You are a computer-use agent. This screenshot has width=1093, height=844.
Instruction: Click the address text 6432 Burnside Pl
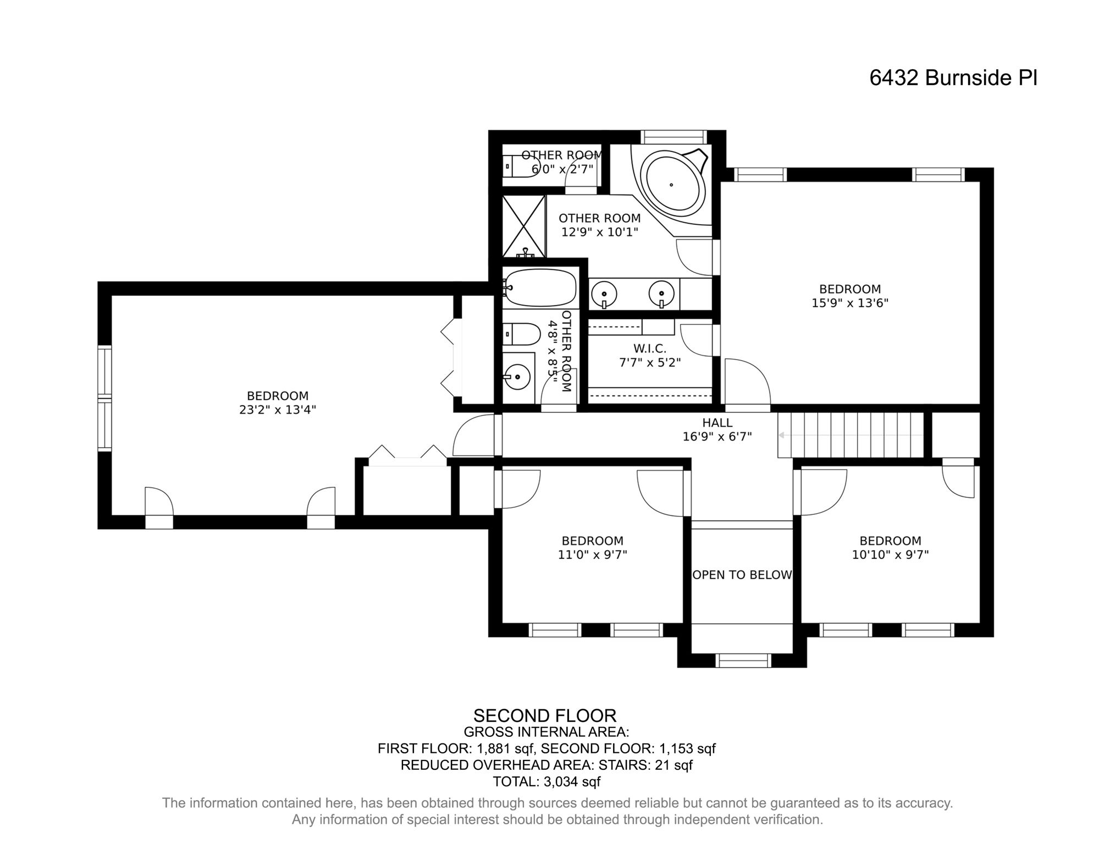tap(953, 78)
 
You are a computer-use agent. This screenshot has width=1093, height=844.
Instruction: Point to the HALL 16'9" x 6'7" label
tap(717, 430)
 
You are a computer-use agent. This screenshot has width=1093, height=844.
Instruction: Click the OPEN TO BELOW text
tap(742, 575)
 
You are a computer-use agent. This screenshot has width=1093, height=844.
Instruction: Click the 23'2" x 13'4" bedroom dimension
tap(277, 410)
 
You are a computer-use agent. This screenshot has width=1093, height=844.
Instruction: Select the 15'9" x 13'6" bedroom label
tap(849, 296)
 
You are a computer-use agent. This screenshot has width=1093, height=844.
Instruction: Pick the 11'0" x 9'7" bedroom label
tap(592, 548)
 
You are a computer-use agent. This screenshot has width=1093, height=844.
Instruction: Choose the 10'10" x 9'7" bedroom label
tap(890, 548)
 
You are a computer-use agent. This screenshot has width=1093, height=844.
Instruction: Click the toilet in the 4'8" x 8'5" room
tap(522, 332)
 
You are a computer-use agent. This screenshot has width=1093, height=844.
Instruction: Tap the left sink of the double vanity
tap(604, 292)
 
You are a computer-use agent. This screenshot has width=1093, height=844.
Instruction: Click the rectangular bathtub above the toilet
tap(539, 287)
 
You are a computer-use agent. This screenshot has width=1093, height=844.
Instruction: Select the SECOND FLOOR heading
tap(544, 716)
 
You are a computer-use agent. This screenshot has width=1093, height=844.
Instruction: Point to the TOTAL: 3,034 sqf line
tap(546, 781)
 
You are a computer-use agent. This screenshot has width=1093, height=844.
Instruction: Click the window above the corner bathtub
tap(674, 137)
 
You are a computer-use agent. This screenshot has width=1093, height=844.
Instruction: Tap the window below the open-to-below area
tap(743, 660)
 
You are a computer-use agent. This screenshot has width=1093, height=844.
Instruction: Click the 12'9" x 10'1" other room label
tap(599, 225)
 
